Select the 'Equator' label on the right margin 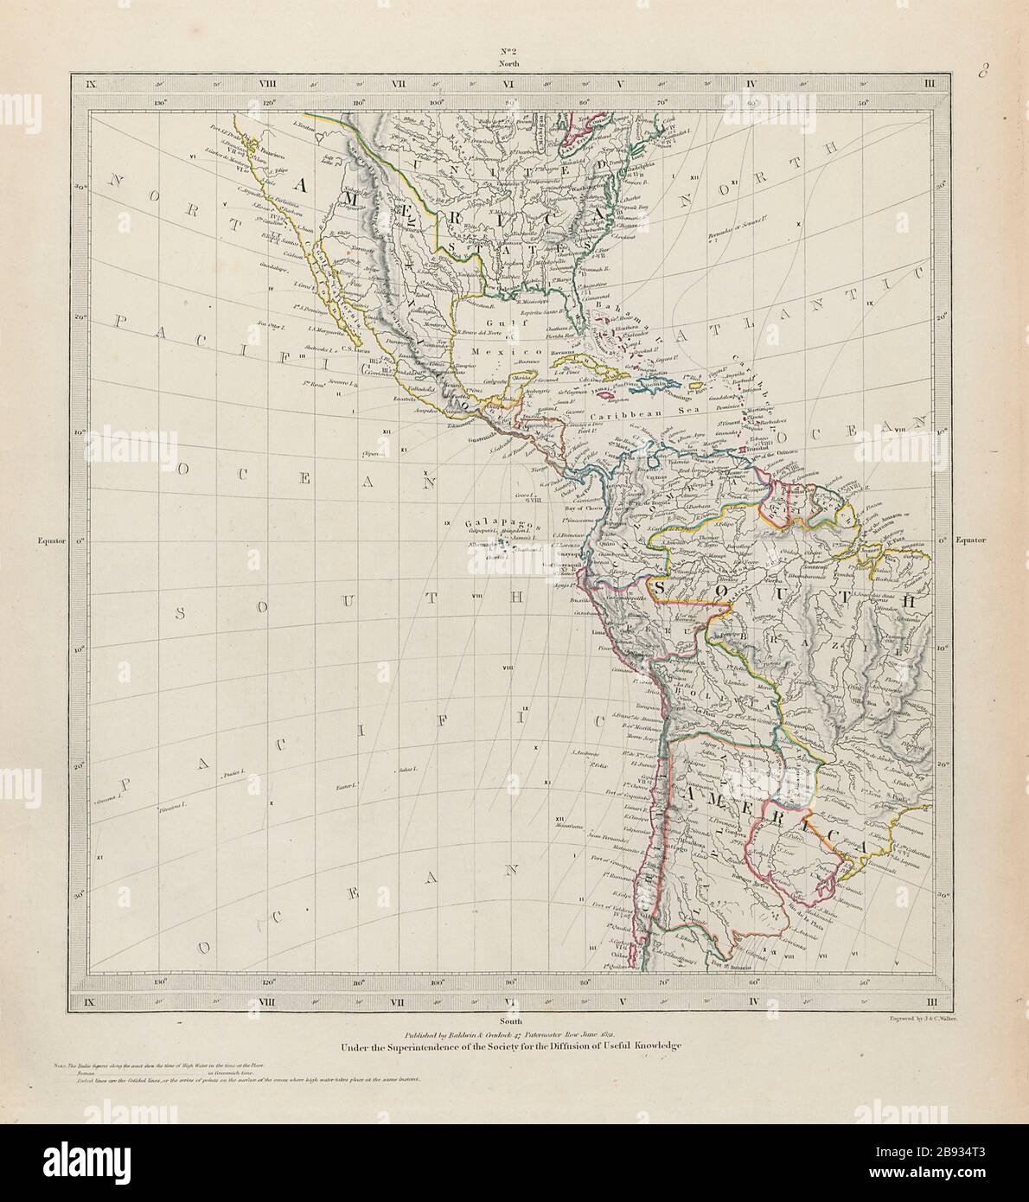click(977, 541)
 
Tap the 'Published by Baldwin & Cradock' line click(510, 1033)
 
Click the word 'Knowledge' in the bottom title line click(644, 1046)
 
